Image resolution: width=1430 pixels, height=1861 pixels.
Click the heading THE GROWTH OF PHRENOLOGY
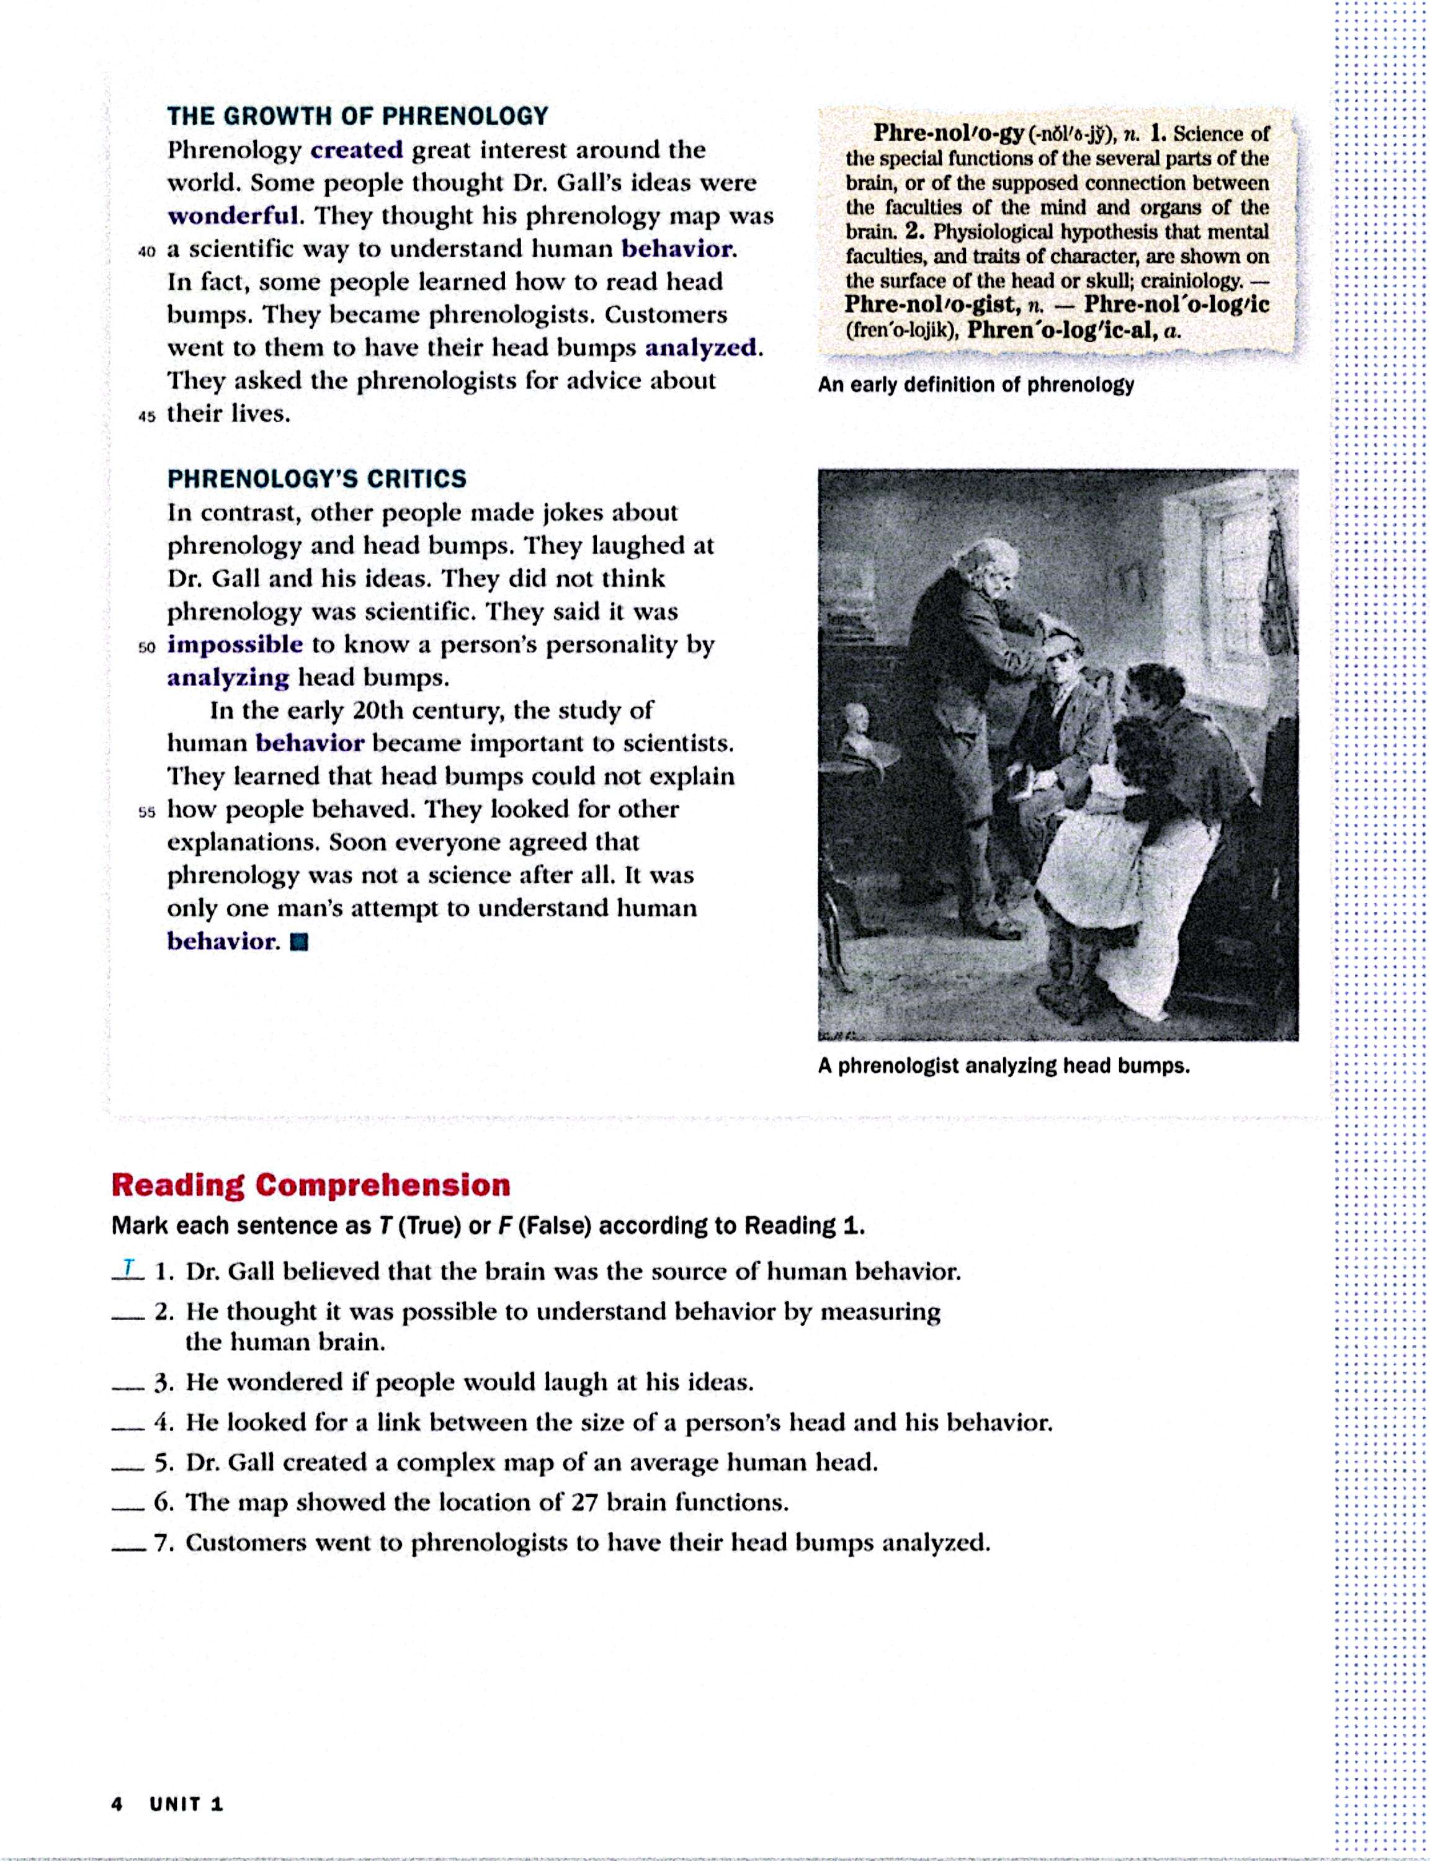click(357, 116)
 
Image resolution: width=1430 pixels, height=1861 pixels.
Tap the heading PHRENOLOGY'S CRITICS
click(316, 478)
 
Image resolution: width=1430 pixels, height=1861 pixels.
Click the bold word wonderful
click(234, 215)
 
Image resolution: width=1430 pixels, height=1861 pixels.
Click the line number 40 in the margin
click(146, 252)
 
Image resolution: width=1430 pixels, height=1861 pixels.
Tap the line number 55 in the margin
click(146, 812)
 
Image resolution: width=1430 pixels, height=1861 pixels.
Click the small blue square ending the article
click(299, 942)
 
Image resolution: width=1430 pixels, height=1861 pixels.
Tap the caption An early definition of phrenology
click(975, 385)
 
